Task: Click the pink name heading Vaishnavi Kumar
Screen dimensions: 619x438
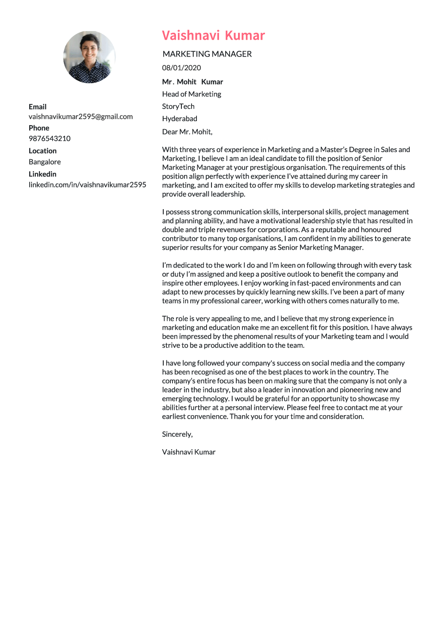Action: click(213, 35)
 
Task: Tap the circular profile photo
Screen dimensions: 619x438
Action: click(89, 57)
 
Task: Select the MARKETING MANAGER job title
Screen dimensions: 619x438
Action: click(207, 54)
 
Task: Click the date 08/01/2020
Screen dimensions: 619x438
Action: click(181, 68)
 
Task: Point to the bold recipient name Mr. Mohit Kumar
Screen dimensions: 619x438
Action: click(192, 82)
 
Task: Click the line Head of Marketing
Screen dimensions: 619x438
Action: click(192, 94)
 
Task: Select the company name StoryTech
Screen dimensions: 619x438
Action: click(178, 107)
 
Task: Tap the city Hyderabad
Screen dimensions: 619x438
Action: click(180, 119)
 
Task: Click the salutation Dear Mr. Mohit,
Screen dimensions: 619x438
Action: click(187, 132)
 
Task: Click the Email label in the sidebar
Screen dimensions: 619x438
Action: click(38, 107)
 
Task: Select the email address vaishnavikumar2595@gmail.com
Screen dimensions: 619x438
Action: click(81, 117)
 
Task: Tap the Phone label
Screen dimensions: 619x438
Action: click(39, 128)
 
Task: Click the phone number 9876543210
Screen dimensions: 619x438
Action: click(50, 138)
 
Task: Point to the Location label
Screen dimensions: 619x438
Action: click(42, 151)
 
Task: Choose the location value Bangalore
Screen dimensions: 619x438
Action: click(45, 162)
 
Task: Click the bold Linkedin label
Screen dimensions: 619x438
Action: click(42, 174)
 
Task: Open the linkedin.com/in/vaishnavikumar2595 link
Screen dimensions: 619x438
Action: click(87, 185)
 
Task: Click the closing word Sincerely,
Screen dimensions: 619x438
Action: click(177, 434)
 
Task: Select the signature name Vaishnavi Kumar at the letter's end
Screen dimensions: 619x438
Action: click(188, 452)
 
